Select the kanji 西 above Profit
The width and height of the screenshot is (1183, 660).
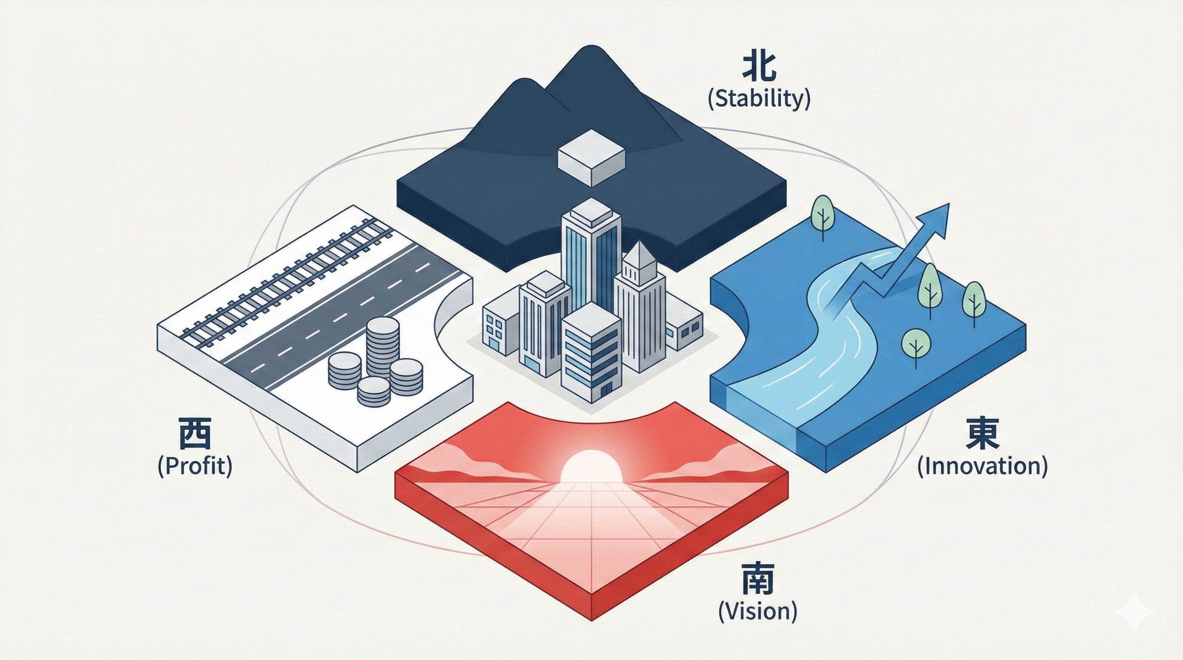(x=195, y=436)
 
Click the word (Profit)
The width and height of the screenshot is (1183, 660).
(x=195, y=466)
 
